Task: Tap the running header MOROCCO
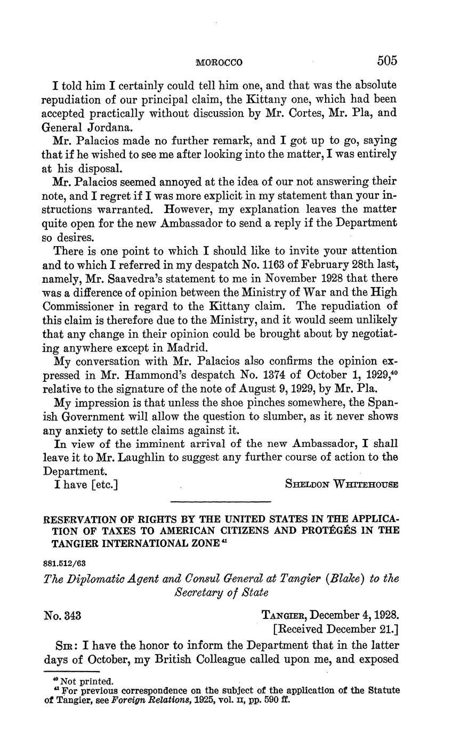(219, 63)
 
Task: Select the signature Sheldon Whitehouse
(342, 485)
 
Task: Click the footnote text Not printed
(86, 681)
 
